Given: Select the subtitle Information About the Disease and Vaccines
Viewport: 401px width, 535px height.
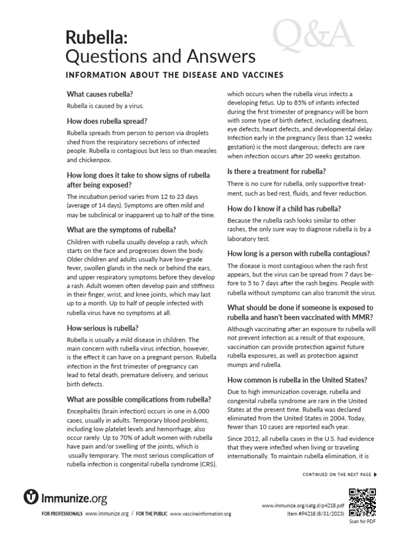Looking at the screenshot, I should (x=174, y=75).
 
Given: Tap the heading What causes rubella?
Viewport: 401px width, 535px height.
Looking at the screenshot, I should (x=100, y=94).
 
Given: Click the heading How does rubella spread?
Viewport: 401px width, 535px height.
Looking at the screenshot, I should (x=107, y=121).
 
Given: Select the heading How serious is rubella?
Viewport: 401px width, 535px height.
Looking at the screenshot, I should (x=103, y=328).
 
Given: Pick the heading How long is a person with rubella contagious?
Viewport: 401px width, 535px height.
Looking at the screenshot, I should (x=299, y=253).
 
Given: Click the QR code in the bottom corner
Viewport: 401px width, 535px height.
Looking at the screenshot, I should (x=362, y=501).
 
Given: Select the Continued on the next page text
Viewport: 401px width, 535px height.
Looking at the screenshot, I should (x=337, y=474).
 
